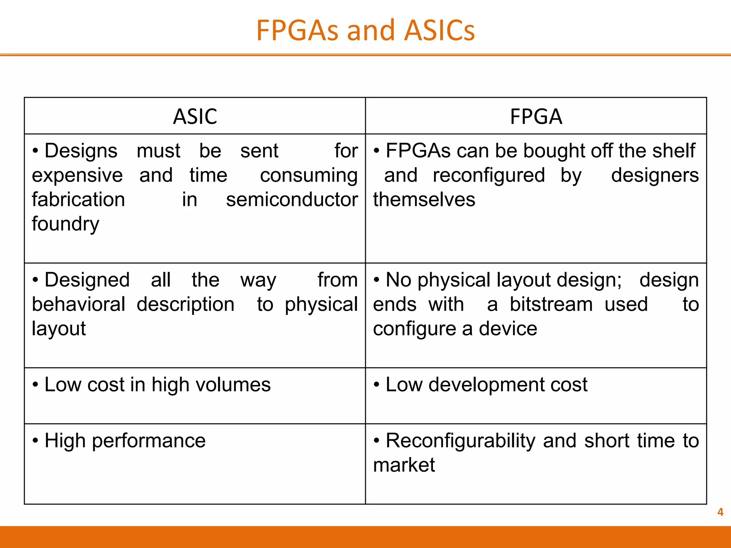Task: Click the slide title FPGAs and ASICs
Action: [365, 30]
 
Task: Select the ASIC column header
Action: [195, 117]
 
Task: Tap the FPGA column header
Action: [536, 117]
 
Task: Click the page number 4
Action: [720, 512]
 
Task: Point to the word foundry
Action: [65, 224]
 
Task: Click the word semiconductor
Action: [292, 199]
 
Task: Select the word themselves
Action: [424, 199]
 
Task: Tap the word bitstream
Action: [551, 304]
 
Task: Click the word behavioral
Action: [79, 304]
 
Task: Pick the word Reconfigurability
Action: [460, 441]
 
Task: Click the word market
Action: [404, 465]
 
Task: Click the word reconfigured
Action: [489, 175]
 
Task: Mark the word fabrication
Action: [79, 199]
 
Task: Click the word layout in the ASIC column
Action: [59, 329]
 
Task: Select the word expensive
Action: [77, 175]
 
